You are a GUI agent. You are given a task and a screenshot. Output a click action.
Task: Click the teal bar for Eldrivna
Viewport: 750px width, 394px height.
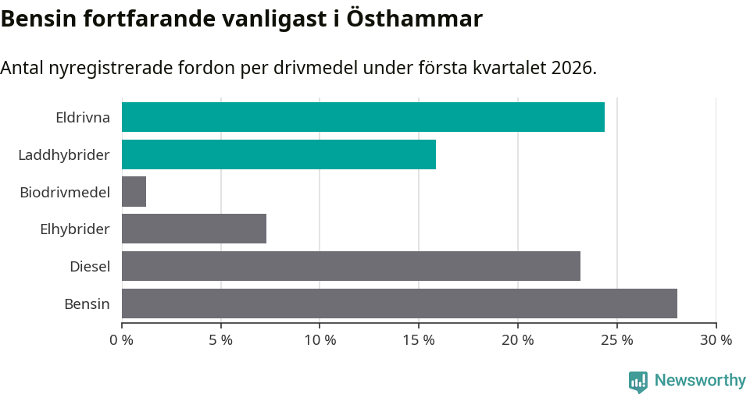tap(363, 117)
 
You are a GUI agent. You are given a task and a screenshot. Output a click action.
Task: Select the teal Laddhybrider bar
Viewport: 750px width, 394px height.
tap(279, 154)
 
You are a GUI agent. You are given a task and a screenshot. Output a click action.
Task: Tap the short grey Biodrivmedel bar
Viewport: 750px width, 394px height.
tap(134, 191)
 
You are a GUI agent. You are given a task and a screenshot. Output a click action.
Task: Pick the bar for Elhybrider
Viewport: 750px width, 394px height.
tap(194, 229)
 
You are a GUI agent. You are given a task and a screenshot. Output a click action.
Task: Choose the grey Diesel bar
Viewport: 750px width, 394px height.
tap(351, 266)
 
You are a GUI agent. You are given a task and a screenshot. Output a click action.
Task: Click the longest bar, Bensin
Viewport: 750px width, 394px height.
tap(399, 303)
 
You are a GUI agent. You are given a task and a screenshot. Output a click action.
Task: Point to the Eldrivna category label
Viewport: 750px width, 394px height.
tap(82, 118)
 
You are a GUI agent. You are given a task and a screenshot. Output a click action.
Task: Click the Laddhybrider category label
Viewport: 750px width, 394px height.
tap(63, 155)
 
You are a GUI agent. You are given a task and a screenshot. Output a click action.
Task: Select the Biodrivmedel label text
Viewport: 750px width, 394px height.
tap(64, 192)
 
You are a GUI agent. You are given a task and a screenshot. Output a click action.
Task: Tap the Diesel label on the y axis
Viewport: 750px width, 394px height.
tap(89, 267)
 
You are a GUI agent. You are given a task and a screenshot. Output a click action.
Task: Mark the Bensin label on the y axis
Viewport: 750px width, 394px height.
tap(87, 303)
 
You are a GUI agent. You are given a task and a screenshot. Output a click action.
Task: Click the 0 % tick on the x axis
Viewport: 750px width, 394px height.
tap(122, 340)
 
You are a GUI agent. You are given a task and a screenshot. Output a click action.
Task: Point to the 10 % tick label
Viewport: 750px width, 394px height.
tap(320, 340)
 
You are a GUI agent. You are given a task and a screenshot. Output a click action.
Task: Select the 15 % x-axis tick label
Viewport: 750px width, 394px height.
tap(419, 340)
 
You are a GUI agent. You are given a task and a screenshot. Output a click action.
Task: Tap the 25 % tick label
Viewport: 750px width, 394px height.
tap(616, 340)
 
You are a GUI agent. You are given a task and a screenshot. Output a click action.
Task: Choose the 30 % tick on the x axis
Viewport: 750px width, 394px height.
tap(716, 340)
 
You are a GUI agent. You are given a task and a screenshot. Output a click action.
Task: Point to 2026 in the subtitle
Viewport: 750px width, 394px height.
tap(572, 68)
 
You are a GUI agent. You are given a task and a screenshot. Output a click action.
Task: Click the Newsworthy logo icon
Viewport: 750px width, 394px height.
tap(638, 381)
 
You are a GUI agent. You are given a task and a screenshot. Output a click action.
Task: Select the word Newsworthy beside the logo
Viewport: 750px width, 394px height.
tap(700, 381)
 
